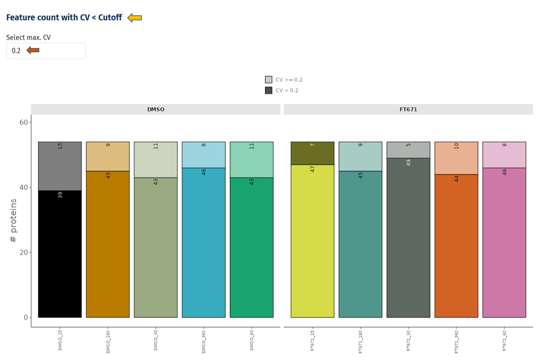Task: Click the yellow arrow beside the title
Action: coord(135,18)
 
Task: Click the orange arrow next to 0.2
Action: coord(33,50)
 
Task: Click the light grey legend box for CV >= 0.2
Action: coord(268,79)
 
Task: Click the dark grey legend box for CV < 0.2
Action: coord(268,90)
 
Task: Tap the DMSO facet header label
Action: coord(155,109)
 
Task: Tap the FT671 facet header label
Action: coord(408,109)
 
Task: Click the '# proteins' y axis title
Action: coord(13,220)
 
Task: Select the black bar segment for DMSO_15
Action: coord(60,255)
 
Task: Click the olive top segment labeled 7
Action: coord(312,153)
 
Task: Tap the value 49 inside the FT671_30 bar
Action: coord(409,163)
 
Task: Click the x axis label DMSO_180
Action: coord(108,341)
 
